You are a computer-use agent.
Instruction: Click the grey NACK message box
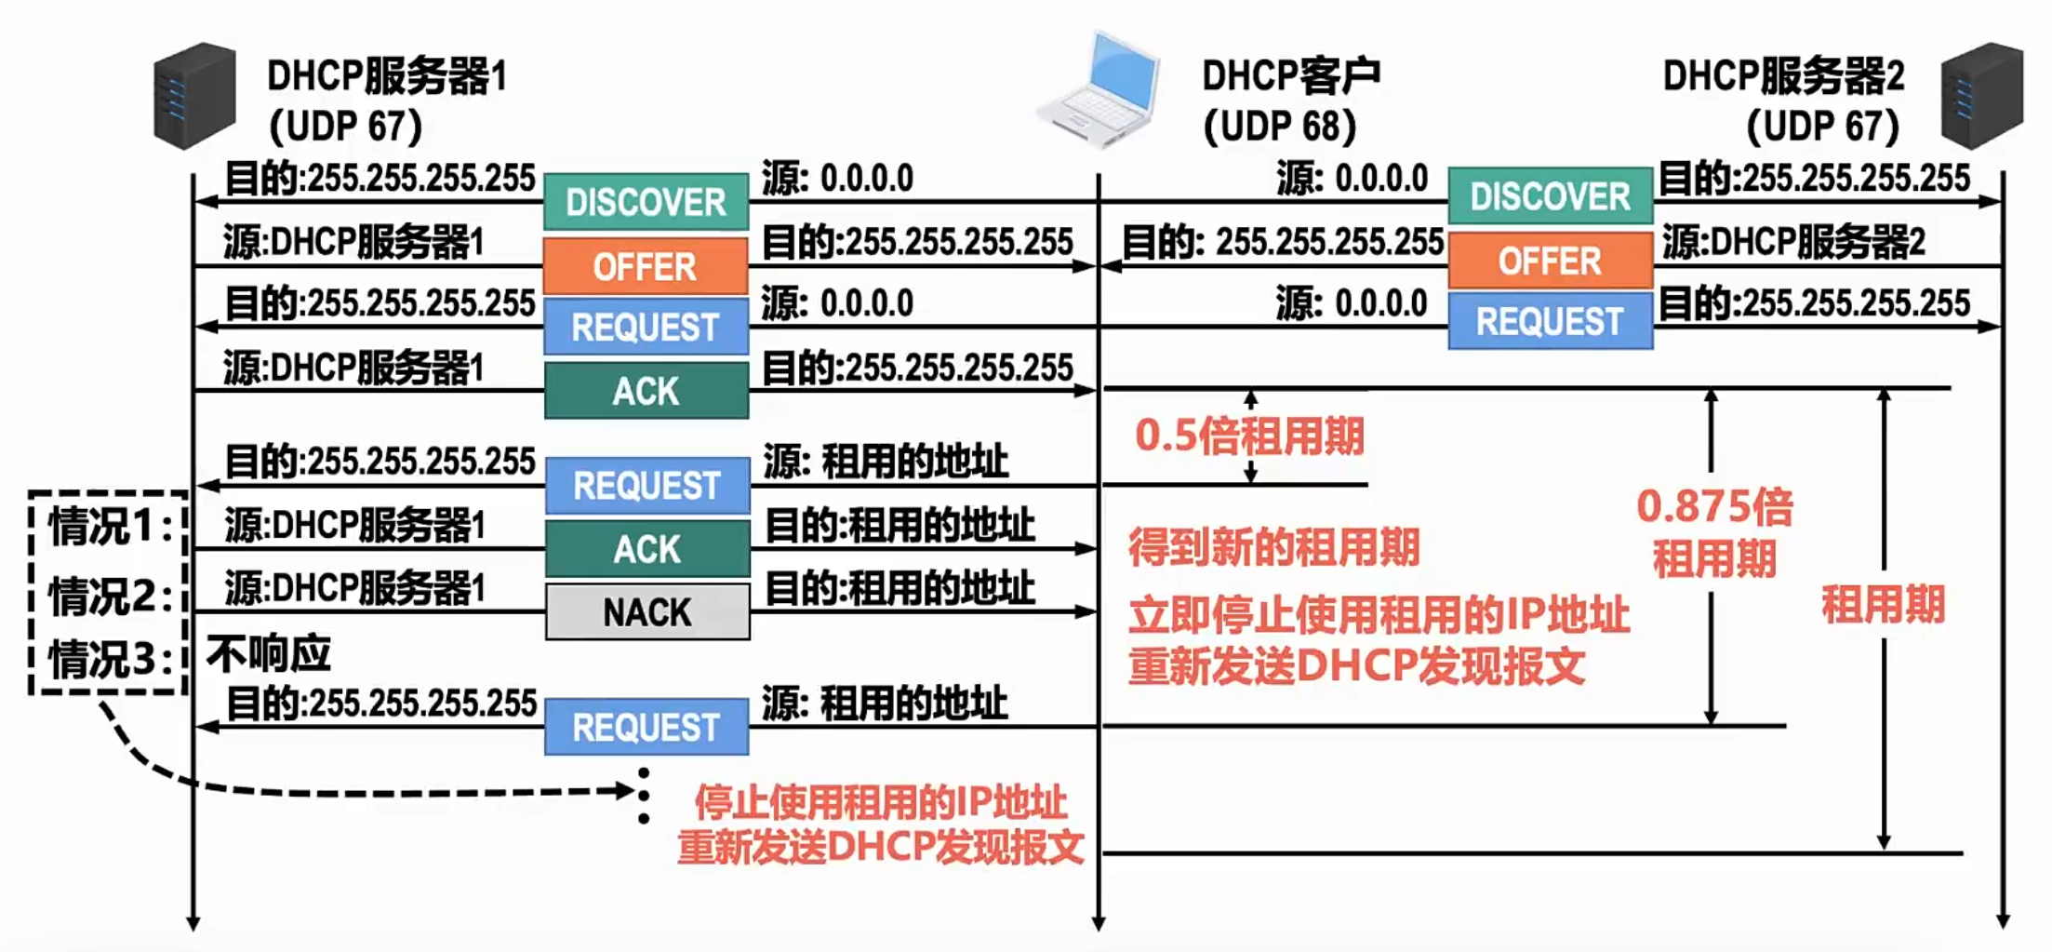tap(647, 611)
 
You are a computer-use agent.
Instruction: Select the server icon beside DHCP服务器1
tap(194, 96)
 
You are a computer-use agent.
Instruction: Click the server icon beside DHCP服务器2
tap(1981, 96)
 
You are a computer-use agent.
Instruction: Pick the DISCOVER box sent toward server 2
tap(1550, 196)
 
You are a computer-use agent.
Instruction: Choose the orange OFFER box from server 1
tap(646, 267)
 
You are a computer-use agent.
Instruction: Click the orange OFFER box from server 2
tap(1550, 261)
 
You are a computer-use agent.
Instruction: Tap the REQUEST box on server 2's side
tap(1550, 322)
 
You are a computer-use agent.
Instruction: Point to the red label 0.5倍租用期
tap(1249, 436)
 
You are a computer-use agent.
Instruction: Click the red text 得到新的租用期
tap(1274, 547)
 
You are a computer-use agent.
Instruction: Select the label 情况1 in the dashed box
tap(110, 527)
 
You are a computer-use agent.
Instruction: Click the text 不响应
tap(269, 654)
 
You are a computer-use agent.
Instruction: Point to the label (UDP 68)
tap(1280, 127)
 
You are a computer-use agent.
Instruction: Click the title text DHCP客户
tap(1291, 76)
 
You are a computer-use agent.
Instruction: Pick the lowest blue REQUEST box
tap(646, 727)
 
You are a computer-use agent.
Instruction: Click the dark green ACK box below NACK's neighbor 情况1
tap(647, 549)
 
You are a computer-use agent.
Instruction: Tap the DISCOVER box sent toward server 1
tap(646, 202)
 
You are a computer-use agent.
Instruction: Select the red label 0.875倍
tap(1714, 508)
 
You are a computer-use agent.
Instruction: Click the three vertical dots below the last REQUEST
tap(644, 797)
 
